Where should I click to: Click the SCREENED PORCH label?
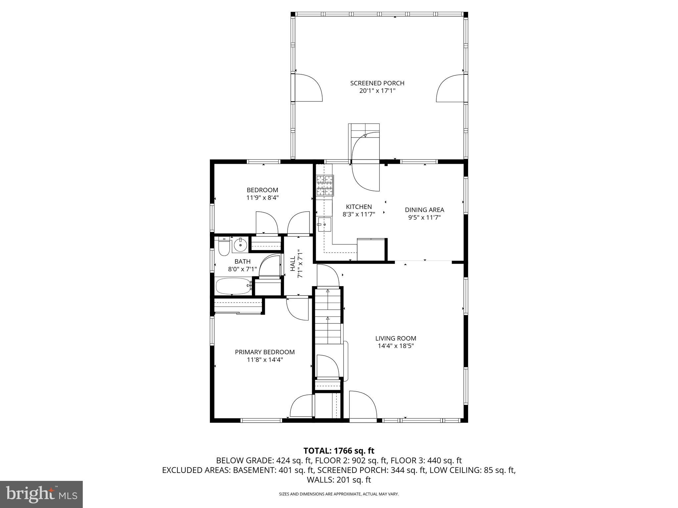coord(377,83)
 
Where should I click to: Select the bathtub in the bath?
coord(233,286)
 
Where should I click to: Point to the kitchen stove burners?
coord(325,185)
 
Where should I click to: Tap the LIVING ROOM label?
coord(396,338)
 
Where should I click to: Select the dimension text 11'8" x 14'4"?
coord(265,360)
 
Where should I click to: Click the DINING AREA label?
coord(424,210)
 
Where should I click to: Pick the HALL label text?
coord(293,264)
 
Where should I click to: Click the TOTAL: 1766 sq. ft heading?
coord(339,450)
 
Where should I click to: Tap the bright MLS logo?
coord(41,494)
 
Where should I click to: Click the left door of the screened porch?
coord(307,88)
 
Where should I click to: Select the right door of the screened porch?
coord(451,88)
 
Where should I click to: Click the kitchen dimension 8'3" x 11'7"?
coord(359,214)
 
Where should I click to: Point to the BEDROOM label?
coord(262,190)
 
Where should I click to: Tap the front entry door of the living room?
coord(363,405)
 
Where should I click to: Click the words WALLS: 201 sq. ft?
coord(339,480)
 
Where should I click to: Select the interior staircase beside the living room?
coord(327,316)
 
